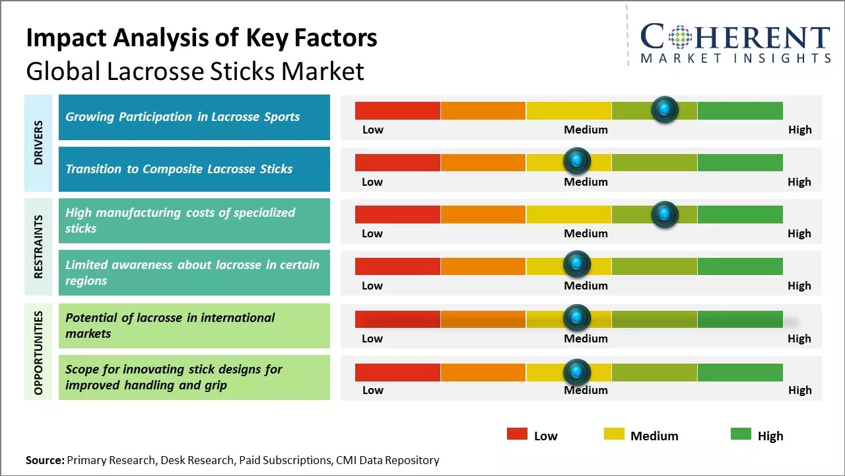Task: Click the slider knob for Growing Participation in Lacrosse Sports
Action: coord(664,109)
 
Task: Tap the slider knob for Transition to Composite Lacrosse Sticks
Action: coord(577,161)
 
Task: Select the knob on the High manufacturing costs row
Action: coord(664,214)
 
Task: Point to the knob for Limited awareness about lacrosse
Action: coord(577,264)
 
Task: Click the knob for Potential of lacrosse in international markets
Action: coord(577,317)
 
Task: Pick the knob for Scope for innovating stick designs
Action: coord(577,372)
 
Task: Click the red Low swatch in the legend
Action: coord(517,434)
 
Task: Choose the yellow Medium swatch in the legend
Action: coord(614,434)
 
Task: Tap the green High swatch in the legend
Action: coord(741,434)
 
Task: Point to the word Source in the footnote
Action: coord(45,460)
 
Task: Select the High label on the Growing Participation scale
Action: coord(799,130)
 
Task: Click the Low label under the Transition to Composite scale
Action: coord(372,182)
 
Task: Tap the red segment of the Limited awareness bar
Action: coord(397,266)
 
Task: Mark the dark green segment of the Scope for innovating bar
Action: coord(739,372)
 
